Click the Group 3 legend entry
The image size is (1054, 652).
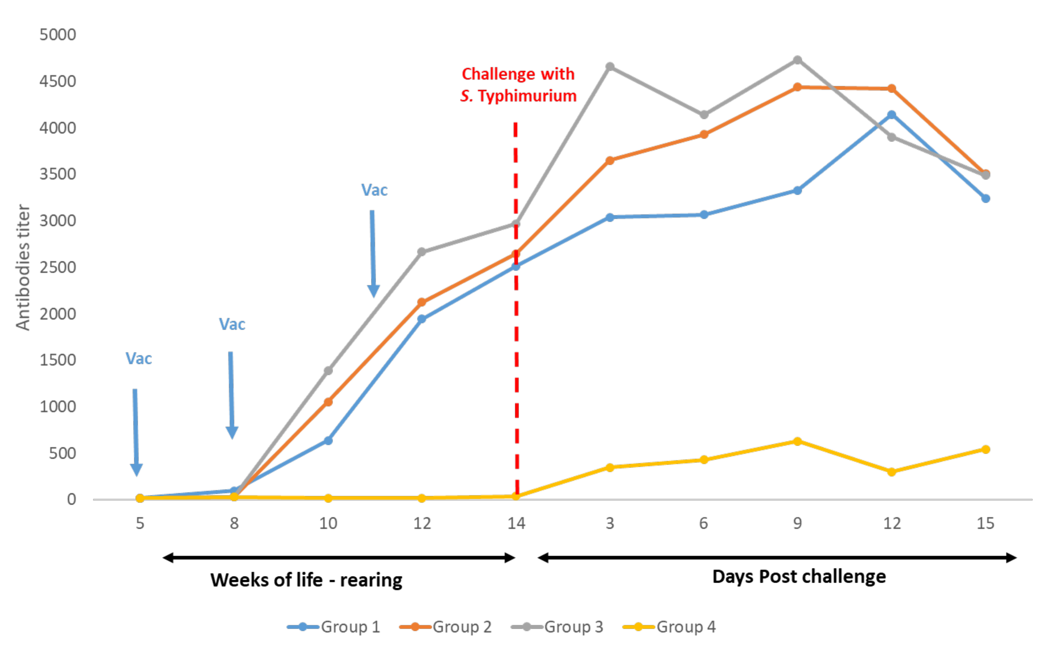pos(557,626)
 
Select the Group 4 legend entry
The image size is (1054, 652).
pos(669,626)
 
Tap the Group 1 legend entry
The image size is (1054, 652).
pos(333,626)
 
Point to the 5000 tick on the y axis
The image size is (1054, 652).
pos(58,35)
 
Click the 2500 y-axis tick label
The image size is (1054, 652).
pos(58,267)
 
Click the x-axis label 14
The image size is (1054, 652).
pos(516,523)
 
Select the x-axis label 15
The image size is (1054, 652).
pos(985,523)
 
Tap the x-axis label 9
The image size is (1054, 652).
pos(797,523)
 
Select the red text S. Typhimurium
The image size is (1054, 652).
pos(518,96)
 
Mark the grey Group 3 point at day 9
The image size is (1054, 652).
pos(797,60)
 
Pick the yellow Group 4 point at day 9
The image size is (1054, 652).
pos(797,441)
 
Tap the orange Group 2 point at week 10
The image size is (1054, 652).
pos(328,402)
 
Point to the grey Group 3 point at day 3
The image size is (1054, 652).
pos(610,66)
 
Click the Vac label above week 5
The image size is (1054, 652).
pos(139,359)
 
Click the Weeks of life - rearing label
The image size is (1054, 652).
pos(306,580)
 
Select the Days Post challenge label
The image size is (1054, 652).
pos(799,577)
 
